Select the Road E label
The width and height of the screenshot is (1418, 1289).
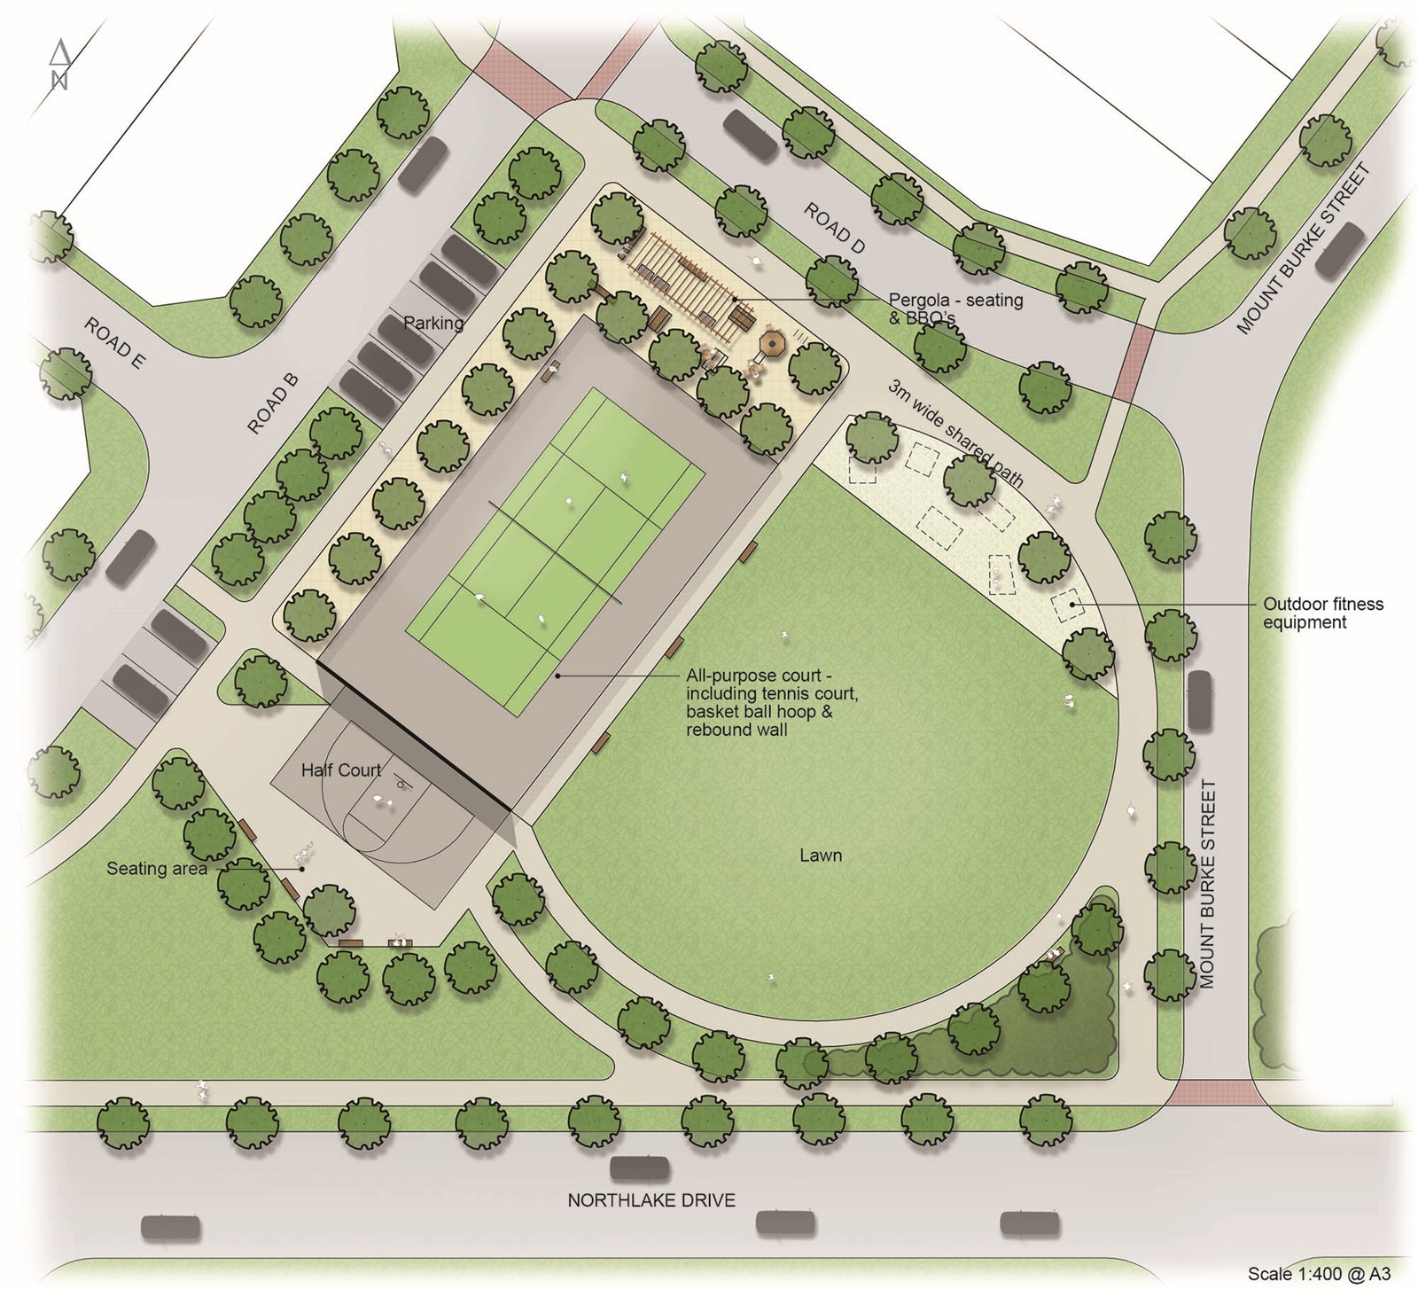pos(114,344)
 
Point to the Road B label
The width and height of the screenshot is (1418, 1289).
pos(273,403)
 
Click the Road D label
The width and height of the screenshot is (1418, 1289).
pos(834,229)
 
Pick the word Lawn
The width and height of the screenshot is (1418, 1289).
pos(820,855)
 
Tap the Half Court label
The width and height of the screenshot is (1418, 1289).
pos(341,770)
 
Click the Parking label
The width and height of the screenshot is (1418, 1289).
pos(433,323)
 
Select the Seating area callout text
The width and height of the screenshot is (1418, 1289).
pos(157,869)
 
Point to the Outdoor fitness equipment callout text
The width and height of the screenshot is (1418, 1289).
pos(1322,613)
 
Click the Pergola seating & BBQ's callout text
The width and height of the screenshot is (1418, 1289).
pos(955,309)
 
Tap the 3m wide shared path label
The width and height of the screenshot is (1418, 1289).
pos(955,434)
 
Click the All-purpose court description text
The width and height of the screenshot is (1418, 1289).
pos(771,703)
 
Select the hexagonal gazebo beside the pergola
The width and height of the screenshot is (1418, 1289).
pos(773,342)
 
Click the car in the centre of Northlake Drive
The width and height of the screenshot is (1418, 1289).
pos(640,1168)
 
